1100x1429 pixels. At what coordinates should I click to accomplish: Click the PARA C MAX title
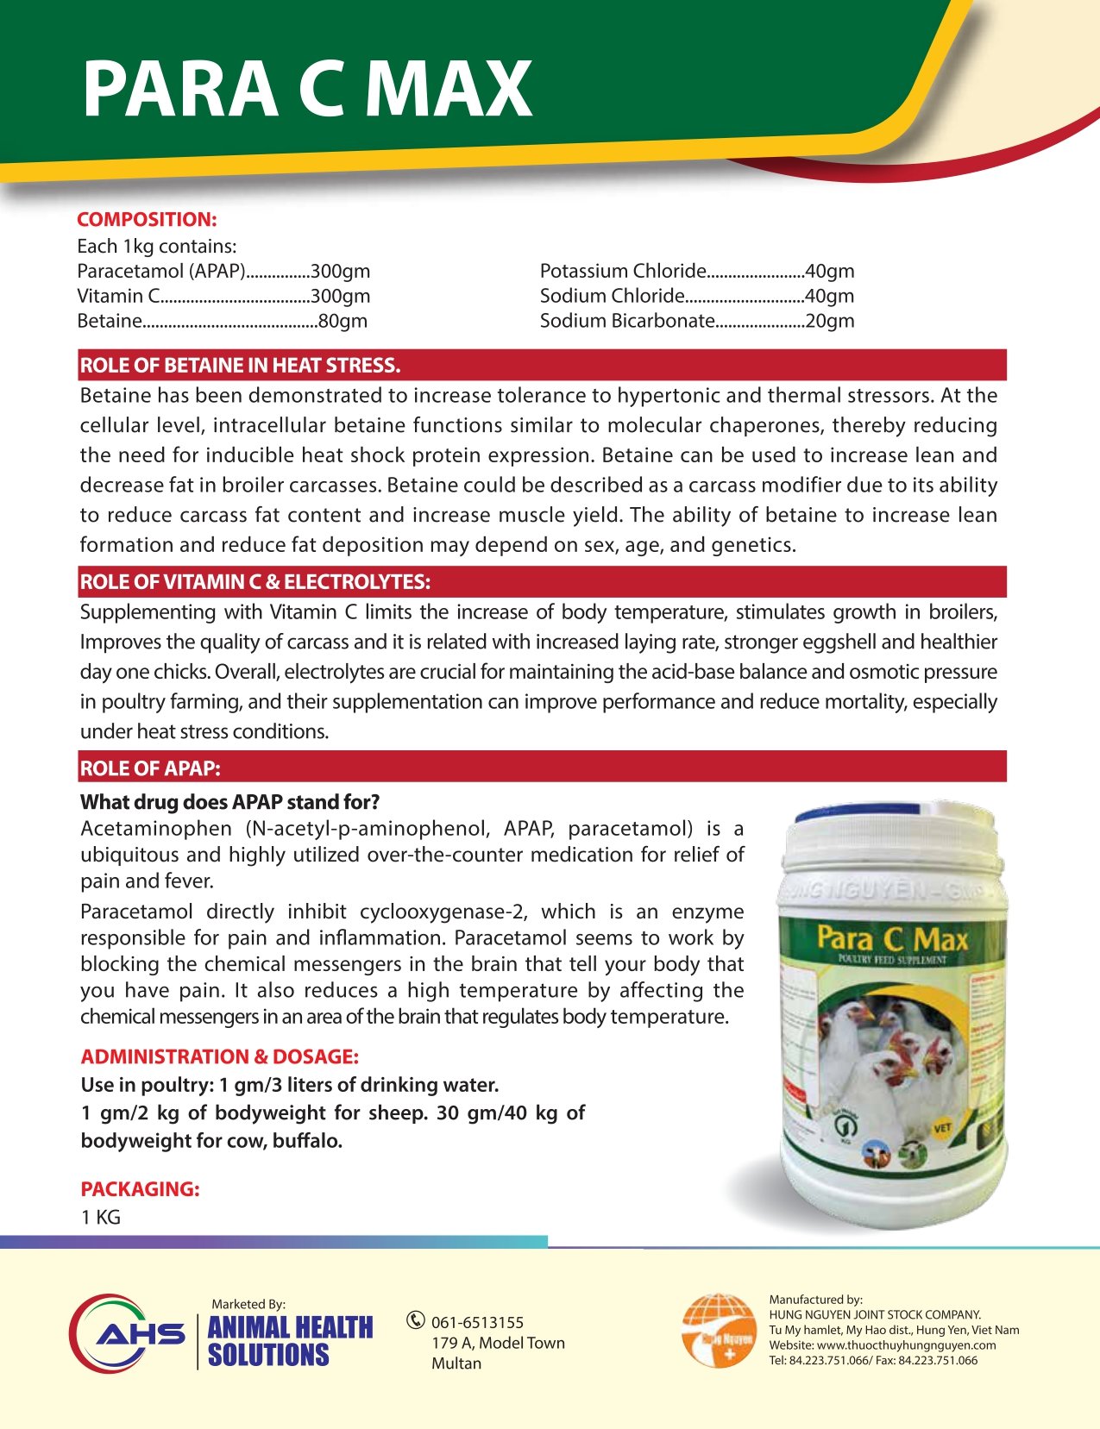tap(307, 89)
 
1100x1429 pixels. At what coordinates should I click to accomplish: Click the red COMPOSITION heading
tap(147, 219)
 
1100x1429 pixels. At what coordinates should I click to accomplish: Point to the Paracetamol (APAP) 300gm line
tap(223, 271)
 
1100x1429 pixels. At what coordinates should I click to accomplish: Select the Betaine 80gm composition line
tap(222, 321)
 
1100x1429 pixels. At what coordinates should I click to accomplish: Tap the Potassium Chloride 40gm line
tap(696, 271)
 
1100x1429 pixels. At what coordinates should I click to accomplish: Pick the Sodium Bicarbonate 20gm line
tap(696, 321)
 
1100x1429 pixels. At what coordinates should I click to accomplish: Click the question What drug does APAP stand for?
tap(229, 802)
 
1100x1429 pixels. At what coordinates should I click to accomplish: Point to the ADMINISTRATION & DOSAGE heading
tap(219, 1056)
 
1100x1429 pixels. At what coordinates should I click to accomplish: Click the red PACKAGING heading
tap(140, 1189)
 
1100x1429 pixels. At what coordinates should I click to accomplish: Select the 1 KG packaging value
tap(101, 1218)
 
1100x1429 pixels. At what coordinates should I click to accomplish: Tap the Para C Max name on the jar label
tap(892, 937)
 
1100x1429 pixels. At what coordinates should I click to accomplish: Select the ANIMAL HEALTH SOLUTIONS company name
tap(290, 1340)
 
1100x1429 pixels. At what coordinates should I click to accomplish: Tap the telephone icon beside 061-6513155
tap(415, 1320)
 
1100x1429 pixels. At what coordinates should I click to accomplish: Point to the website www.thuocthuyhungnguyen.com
tap(882, 1344)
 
